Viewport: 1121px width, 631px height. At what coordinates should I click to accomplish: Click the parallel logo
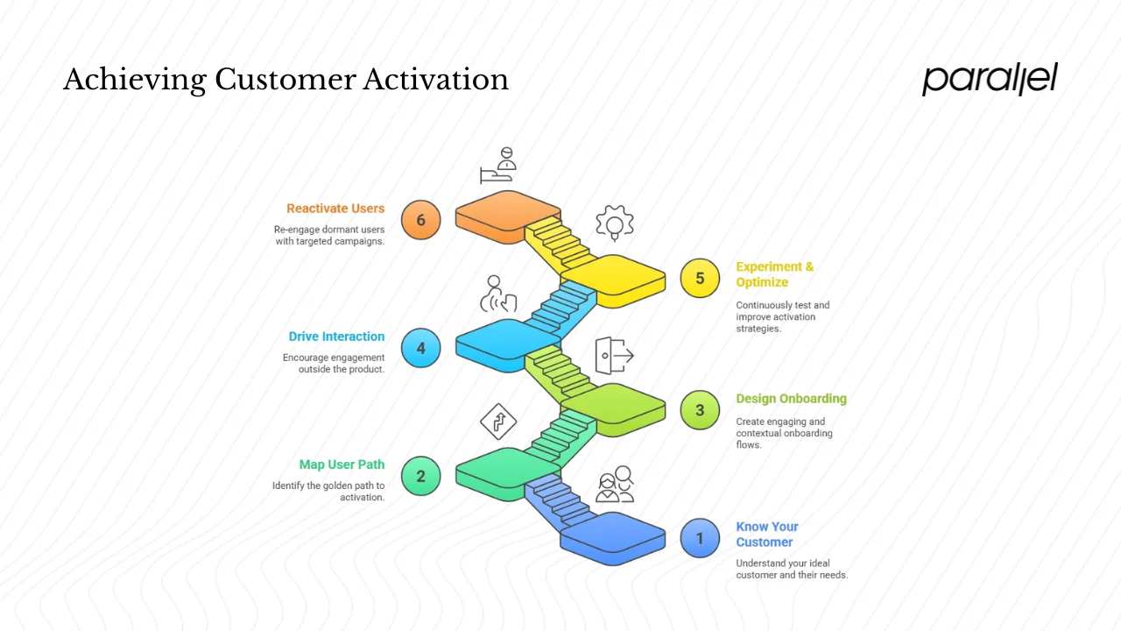point(990,79)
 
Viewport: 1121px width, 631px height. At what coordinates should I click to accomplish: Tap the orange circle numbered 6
point(420,220)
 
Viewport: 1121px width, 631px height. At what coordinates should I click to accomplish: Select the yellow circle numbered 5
point(700,278)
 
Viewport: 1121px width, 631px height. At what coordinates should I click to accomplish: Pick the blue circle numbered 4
point(420,348)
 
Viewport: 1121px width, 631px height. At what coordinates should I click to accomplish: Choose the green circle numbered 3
point(700,409)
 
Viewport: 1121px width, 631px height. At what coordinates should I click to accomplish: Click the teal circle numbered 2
point(420,476)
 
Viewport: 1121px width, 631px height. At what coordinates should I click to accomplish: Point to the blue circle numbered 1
point(700,537)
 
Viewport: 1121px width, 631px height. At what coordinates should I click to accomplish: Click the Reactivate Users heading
point(335,209)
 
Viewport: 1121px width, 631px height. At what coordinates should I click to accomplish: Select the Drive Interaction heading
point(336,337)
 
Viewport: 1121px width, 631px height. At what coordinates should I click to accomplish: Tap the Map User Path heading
point(342,464)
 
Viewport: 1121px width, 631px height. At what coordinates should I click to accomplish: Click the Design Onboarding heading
point(791,398)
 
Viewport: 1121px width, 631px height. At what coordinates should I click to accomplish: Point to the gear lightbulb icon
point(615,223)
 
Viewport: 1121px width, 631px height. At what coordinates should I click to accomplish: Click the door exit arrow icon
point(614,355)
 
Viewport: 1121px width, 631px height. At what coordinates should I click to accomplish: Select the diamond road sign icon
point(498,422)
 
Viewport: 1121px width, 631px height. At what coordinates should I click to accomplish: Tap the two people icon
point(615,485)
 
